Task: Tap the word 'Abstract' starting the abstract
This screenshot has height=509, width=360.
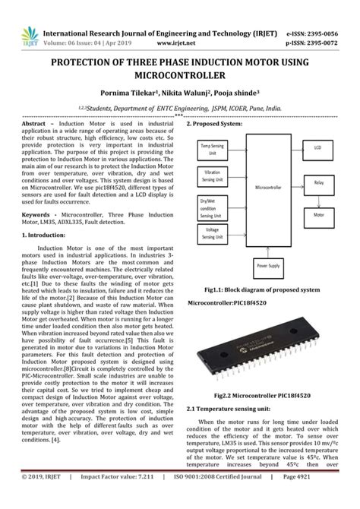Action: pos(37,123)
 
